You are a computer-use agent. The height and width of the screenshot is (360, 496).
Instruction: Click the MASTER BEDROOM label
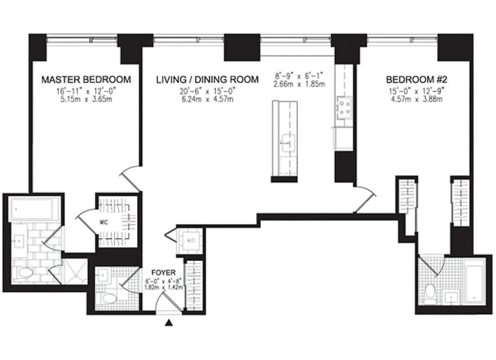(x=86, y=80)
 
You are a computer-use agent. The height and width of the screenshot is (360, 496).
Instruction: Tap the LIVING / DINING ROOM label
(x=207, y=80)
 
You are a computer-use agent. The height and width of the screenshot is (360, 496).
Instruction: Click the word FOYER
(x=163, y=273)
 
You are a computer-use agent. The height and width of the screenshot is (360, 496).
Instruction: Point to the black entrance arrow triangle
(x=169, y=322)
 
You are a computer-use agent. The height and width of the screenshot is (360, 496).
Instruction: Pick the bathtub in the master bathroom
(x=32, y=209)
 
